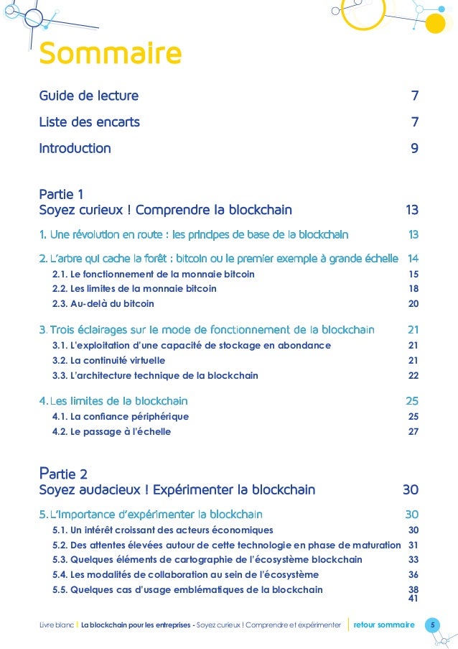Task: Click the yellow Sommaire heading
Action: [x=110, y=54]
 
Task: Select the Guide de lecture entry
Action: [x=88, y=96]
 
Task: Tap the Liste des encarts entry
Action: [x=89, y=122]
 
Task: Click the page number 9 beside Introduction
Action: [x=414, y=149]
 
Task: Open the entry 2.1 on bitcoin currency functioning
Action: [x=153, y=274]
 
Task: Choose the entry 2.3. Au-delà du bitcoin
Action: [x=103, y=303]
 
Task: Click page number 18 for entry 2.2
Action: [x=413, y=289]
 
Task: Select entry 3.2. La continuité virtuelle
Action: [x=108, y=360]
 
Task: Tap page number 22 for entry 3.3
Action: [x=413, y=375]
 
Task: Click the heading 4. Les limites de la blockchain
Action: [x=113, y=400]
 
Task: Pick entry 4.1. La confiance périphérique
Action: [x=120, y=417]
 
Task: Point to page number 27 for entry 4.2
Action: [x=413, y=432]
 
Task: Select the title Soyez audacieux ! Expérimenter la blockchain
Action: [x=177, y=490]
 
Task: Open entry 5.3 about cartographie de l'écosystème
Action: [x=207, y=559]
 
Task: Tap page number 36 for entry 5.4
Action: [x=413, y=574]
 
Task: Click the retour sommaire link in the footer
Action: [x=384, y=625]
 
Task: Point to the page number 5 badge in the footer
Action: [x=432, y=625]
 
